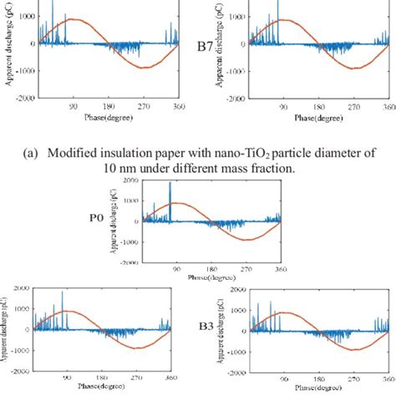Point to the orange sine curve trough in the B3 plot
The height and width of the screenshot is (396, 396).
(350, 348)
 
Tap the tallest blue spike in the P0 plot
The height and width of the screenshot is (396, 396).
(170, 182)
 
